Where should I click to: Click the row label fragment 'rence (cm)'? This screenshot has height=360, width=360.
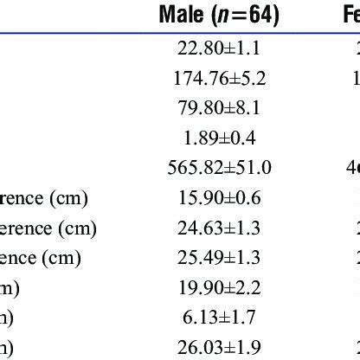pos(42,198)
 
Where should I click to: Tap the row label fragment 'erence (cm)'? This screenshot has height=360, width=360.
pos(48,228)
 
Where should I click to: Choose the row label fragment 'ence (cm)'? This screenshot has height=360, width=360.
pos(40,258)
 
